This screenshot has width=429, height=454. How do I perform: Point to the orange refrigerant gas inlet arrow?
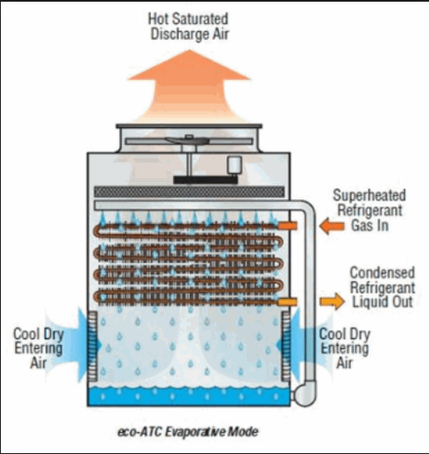[332, 226]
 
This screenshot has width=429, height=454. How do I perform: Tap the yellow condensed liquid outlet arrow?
[332, 302]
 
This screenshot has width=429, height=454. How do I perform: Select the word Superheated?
[369, 195]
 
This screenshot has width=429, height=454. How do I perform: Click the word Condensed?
[382, 273]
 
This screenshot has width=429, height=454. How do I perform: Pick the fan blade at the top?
[187, 141]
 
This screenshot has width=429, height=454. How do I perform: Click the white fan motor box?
[234, 165]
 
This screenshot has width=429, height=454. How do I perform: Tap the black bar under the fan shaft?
[205, 180]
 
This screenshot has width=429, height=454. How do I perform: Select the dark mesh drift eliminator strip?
[190, 192]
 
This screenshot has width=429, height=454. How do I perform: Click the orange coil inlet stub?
[288, 226]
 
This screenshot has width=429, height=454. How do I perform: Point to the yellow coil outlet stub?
[287, 302]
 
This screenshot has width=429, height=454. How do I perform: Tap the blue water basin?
[189, 396]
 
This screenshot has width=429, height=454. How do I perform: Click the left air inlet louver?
[93, 347]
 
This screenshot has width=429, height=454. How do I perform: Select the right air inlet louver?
[285, 347]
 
